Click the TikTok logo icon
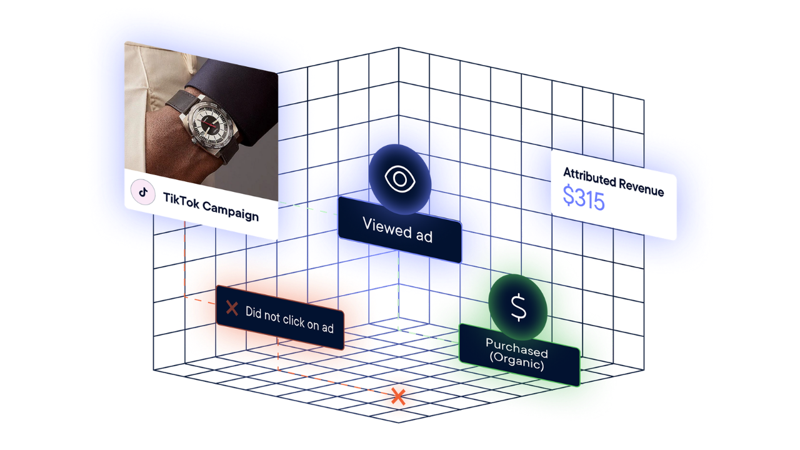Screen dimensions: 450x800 142,192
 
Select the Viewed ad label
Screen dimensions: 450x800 398,229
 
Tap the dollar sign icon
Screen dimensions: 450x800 518,307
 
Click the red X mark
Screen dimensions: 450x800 232,307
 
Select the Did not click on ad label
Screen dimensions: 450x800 289,318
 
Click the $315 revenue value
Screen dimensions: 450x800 583,198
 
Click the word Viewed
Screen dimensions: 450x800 383,226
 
